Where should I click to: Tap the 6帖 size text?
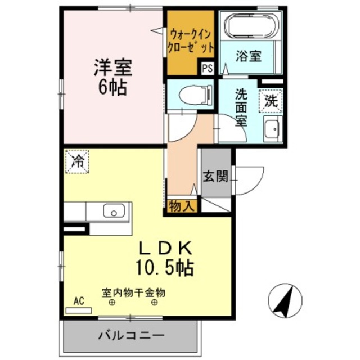[x=112, y=87]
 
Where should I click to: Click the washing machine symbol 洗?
[x=271, y=102]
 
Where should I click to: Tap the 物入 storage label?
[x=182, y=206]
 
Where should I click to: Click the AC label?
[x=79, y=301]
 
